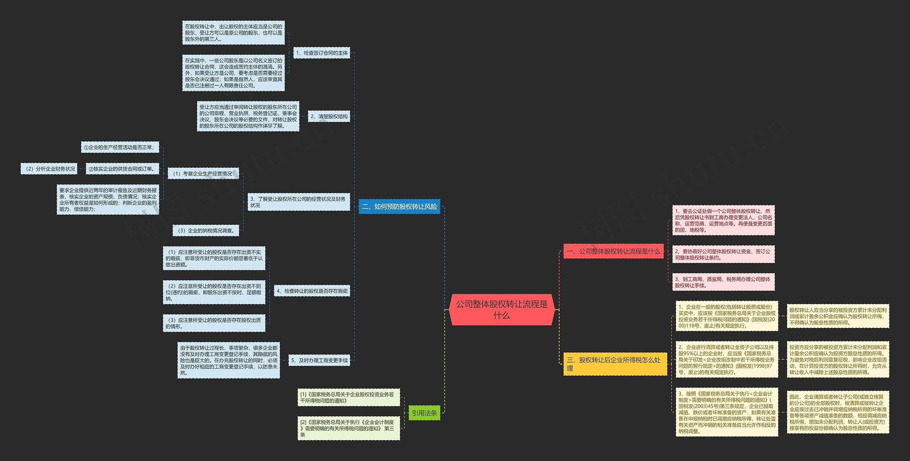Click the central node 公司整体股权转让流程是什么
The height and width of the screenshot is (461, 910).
pyautogui.click(x=502, y=310)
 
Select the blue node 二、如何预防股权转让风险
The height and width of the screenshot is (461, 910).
pyautogui.click(x=399, y=207)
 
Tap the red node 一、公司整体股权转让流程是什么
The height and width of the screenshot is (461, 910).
pyautogui.click(x=613, y=251)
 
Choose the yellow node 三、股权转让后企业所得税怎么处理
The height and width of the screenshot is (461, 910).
pyautogui.click(x=615, y=364)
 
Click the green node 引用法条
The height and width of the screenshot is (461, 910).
pyautogui.click(x=424, y=413)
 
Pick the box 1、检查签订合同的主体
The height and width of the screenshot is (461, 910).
pyautogui.click(x=322, y=53)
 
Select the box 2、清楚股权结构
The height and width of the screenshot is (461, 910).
pyautogui.click(x=329, y=116)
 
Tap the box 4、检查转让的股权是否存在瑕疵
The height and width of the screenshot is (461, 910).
pyautogui.click(x=312, y=291)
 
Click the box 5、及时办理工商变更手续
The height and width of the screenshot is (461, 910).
pyautogui.click(x=319, y=360)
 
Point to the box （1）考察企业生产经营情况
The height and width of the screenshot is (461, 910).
pyautogui.click(x=203, y=173)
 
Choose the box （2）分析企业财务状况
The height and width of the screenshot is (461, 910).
pyautogui.click(x=49, y=169)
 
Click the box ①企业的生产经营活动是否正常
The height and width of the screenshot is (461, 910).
pyautogui.click(x=120, y=147)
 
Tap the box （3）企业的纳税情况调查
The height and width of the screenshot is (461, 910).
pyautogui.click(x=205, y=230)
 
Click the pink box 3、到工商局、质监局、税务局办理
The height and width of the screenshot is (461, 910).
pyautogui.click(x=723, y=282)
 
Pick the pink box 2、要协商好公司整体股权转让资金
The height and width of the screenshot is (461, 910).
pyautogui.click(x=723, y=254)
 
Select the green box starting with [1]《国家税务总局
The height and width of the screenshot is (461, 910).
pyautogui.click(x=348, y=397)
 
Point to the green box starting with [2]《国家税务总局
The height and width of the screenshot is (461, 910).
pyautogui.click(x=348, y=428)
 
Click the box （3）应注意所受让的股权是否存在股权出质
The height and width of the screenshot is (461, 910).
pyautogui.click(x=214, y=323)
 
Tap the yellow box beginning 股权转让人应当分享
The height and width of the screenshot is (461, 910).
pyautogui.click(x=838, y=316)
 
